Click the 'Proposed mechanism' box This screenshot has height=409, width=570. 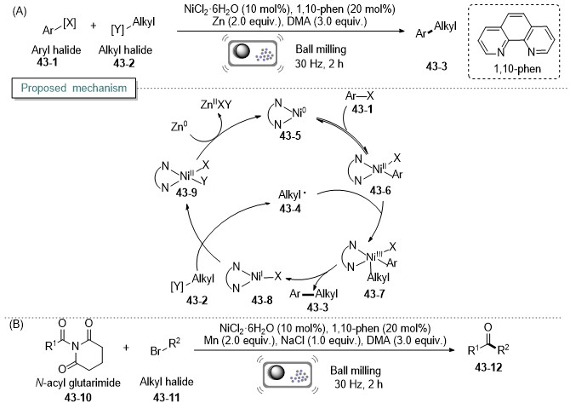(x=74, y=88)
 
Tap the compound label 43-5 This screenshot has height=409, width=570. (x=290, y=135)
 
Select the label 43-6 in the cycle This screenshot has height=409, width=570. (x=380, y=190)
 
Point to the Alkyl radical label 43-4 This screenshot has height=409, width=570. (x=290, y=208)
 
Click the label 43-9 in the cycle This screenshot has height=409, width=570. (x=186, y=193)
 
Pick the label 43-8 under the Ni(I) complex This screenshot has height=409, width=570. (x=262, y=300)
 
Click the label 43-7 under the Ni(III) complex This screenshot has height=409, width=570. (x=374, y=294)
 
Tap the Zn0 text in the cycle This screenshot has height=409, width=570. (x=180, y=126)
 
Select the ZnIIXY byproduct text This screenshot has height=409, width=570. (x=216, y=105)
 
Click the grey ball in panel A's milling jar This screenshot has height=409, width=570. (x=242, y=51)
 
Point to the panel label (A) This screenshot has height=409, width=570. (x=19, y=12)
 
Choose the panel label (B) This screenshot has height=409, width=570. (x=17, y=324)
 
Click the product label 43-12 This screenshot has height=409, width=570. (x=488, y=367)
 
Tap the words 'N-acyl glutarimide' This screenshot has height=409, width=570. (x=77, y=383)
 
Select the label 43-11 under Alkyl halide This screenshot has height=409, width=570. (x=166, y=397)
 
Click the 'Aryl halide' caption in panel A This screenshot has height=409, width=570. (x=56, y=50)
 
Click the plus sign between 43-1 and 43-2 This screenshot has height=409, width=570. (x=94, y=26)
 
